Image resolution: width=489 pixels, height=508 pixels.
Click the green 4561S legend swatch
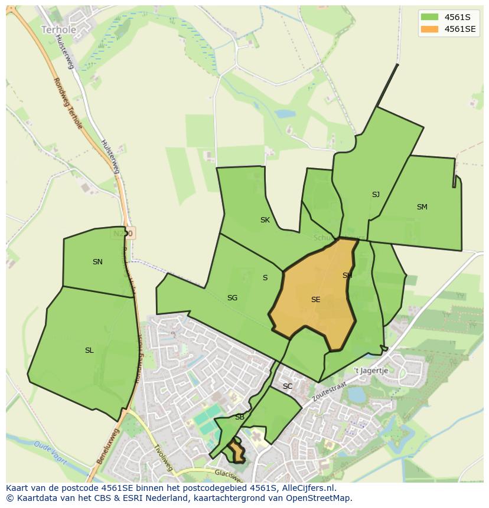tap(429, 17)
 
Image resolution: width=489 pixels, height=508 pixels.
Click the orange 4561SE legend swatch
tap(429, 29)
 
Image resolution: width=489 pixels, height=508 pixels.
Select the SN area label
tap(97, 262)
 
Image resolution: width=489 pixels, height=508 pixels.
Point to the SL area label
tap(89, 350)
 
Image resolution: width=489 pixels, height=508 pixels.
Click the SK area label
tap(265, 220)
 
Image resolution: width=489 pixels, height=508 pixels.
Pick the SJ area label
tap(376, 195)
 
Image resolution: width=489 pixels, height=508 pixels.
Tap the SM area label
tap(422, 207)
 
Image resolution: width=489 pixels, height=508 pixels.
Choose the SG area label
tap(232, 298)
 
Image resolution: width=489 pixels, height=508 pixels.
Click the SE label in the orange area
tap(315, 300)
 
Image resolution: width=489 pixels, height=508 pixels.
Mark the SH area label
tap(347, 276)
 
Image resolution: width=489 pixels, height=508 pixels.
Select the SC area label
tap(288, 386)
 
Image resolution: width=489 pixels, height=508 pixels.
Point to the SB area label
tap(240, 417)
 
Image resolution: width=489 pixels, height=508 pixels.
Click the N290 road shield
tap(123, 234)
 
